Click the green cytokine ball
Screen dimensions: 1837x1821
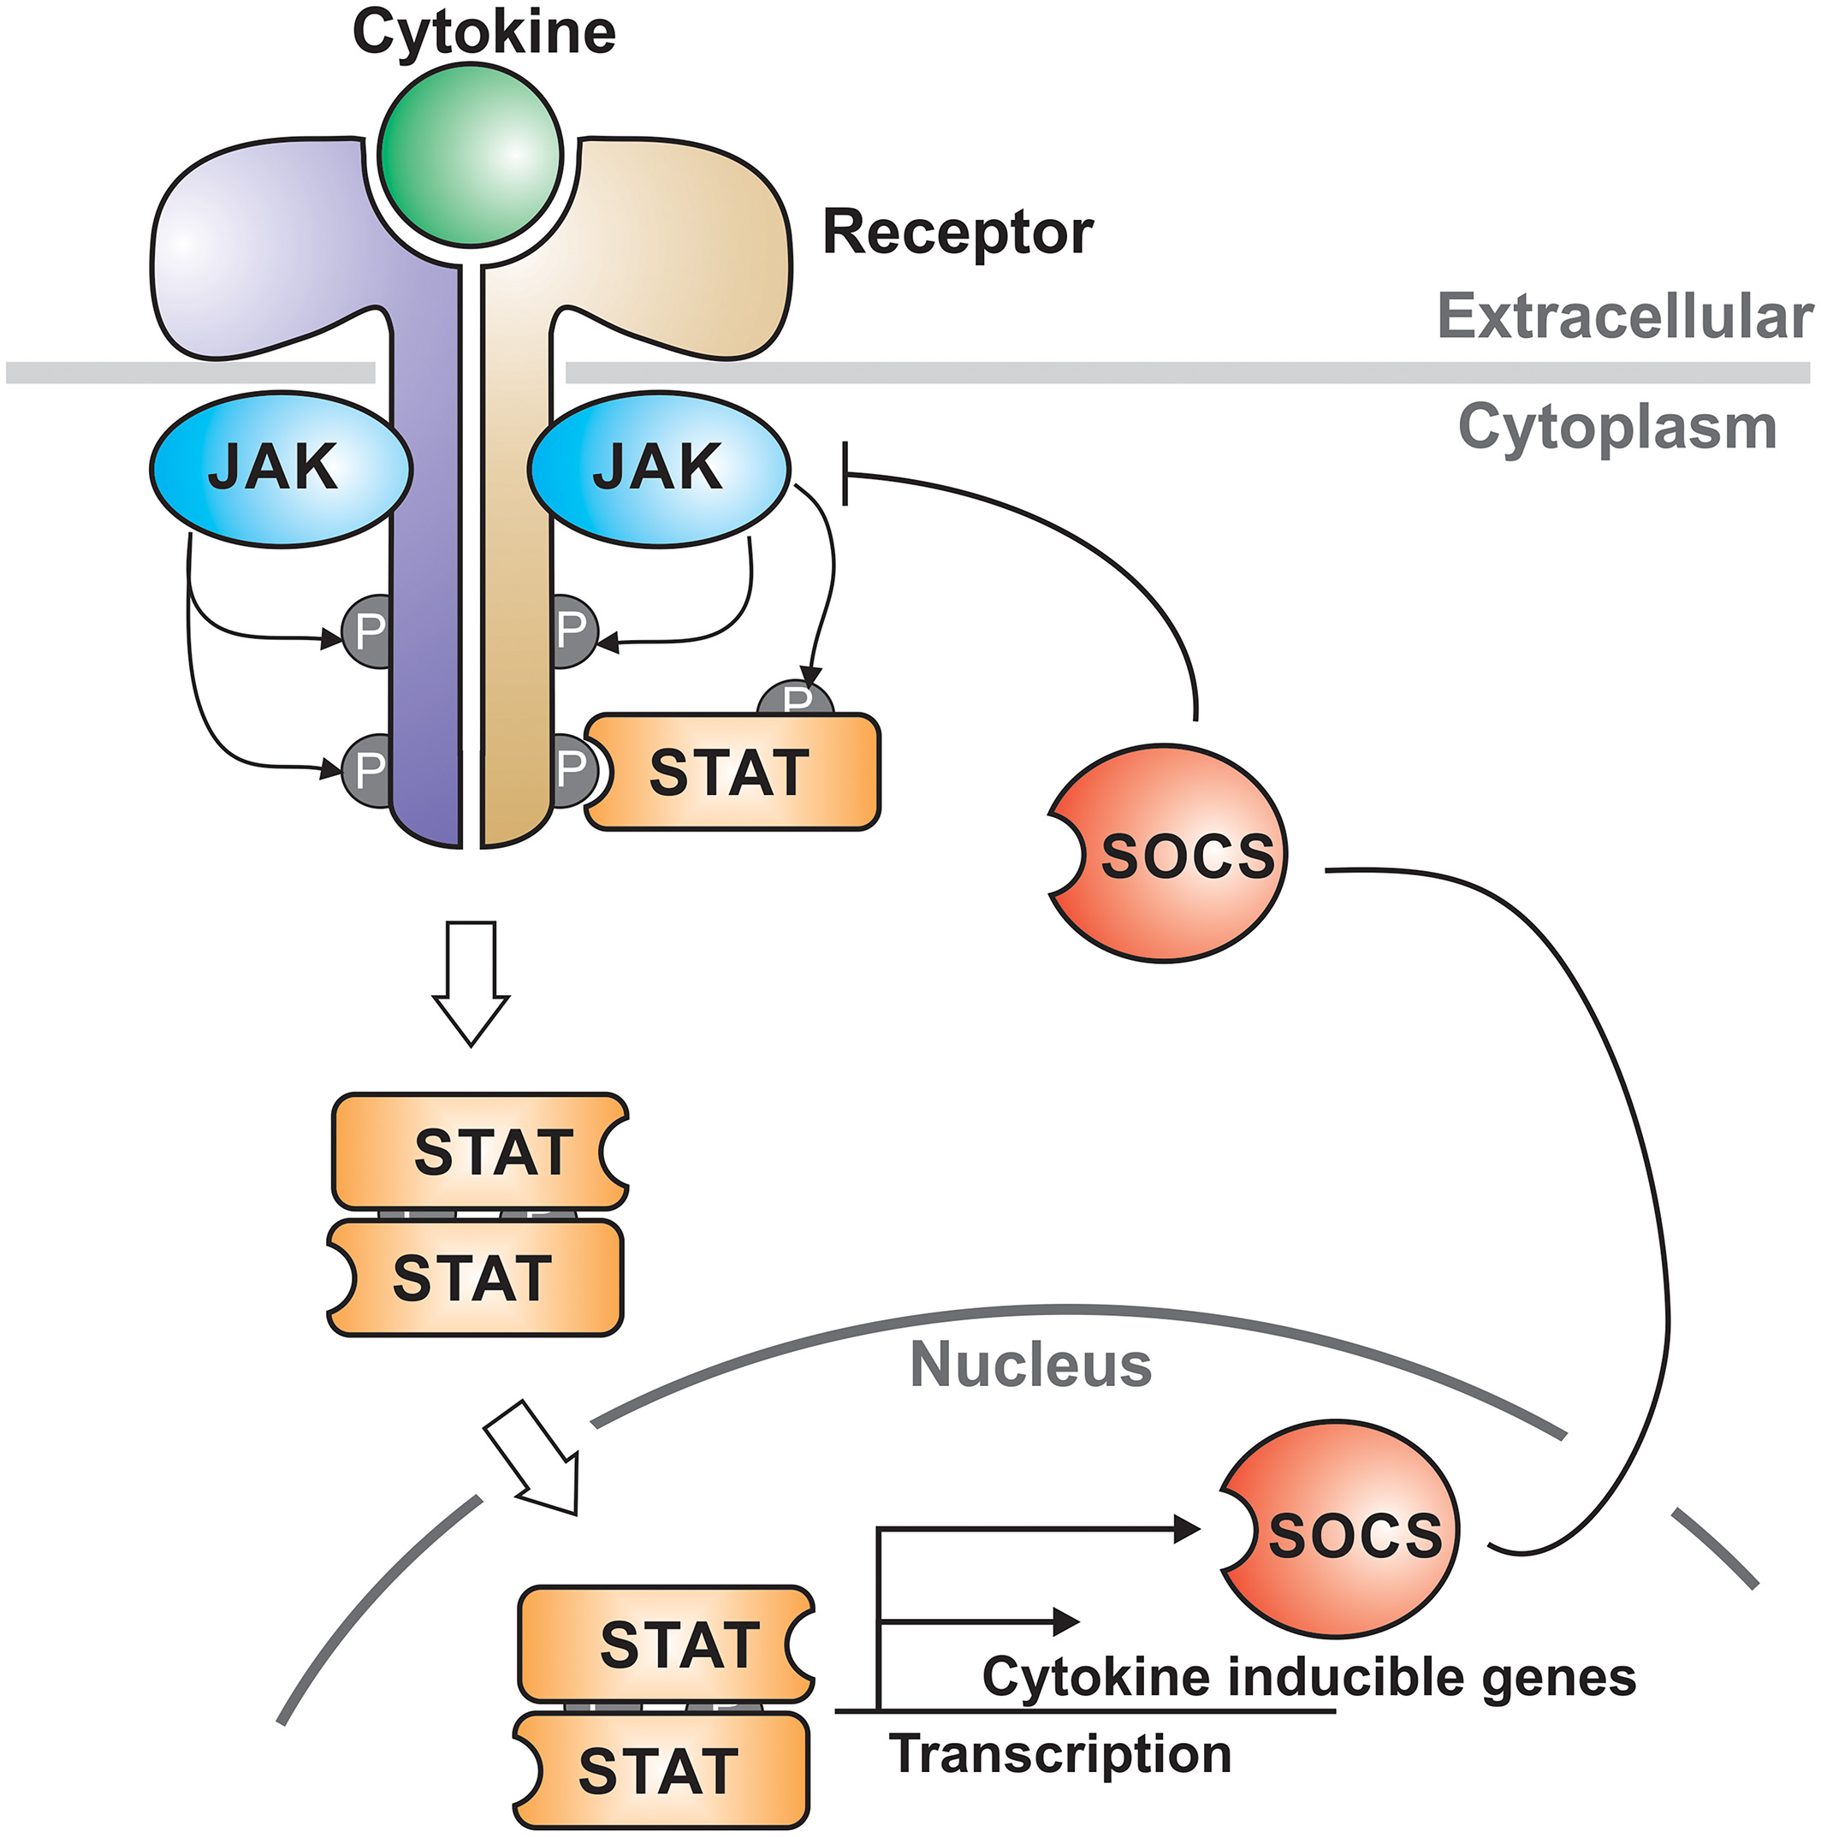click(470, 154)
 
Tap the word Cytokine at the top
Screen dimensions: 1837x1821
click(484, 33)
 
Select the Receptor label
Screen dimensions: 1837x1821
click(958, 232)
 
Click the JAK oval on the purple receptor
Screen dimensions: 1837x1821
click(281, 468)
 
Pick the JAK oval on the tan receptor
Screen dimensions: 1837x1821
click(659, 468)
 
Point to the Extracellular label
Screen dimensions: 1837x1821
click(1624, 316)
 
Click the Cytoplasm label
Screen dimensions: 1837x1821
click(1616, 427)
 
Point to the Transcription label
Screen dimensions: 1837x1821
click(1060, 1753)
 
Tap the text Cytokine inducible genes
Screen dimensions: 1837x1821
click(1308, 1677)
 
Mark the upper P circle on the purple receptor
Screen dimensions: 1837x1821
click(366, 631)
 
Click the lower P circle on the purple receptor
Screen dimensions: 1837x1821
click(366, 768)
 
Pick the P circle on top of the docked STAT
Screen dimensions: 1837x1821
click(796, 698)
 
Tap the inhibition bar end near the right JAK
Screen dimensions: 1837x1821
click(845, 473)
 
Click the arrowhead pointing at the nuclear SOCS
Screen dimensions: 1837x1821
click(1186, 1529)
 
